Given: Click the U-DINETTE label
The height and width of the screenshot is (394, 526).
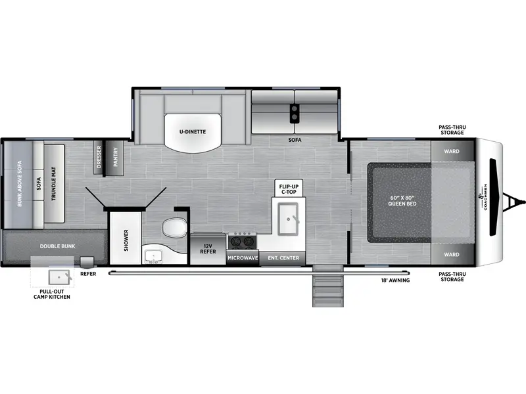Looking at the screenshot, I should pos(192,131).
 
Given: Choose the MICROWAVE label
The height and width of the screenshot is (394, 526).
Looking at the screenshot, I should pos(243,258).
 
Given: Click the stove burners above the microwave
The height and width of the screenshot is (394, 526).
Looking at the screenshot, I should pos(243,242).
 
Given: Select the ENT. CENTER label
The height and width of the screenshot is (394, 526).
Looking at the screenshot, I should pos(283,258).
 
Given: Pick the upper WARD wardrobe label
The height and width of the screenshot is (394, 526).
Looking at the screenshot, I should pos(451,151).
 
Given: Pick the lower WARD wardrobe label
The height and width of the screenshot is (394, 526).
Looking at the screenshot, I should pos(451,254).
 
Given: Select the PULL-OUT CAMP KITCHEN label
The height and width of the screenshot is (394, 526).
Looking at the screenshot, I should pos(52,294).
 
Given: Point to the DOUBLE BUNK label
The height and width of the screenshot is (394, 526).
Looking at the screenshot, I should pos(58,246).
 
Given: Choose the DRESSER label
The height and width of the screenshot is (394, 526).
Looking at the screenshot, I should pos(99,158).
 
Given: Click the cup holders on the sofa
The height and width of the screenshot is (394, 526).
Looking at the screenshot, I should pos(294,114).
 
